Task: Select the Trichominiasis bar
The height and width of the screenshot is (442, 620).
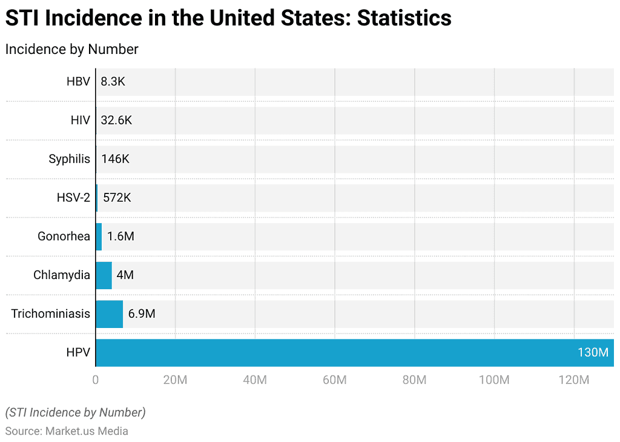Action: point(110,314)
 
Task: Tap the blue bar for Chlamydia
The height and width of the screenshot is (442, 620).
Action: point(104,275)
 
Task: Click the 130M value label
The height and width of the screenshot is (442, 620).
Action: point(593,353)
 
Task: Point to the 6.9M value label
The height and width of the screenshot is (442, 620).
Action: point(142,314)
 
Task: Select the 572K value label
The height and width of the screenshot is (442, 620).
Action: point(116,198)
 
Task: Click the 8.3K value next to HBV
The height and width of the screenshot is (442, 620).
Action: point(113,81)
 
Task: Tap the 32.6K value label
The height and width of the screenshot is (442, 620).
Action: point(116,120)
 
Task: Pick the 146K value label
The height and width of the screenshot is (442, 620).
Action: point(115,159)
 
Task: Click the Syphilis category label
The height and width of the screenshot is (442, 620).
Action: point(69,159)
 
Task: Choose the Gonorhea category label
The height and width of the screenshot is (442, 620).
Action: point(64,236)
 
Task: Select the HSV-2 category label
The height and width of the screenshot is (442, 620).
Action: point(73,198)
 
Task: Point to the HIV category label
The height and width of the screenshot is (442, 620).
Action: point(80,120)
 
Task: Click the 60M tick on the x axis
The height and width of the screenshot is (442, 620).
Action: point(334,380)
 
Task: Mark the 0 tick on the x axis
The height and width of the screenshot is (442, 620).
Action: point(96,380)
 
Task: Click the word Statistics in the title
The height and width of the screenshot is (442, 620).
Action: point(404,18)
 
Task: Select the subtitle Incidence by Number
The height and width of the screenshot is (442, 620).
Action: point(71,49)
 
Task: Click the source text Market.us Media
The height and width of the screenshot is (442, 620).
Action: point(87,431)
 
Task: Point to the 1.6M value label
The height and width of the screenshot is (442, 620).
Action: point(120,236)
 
